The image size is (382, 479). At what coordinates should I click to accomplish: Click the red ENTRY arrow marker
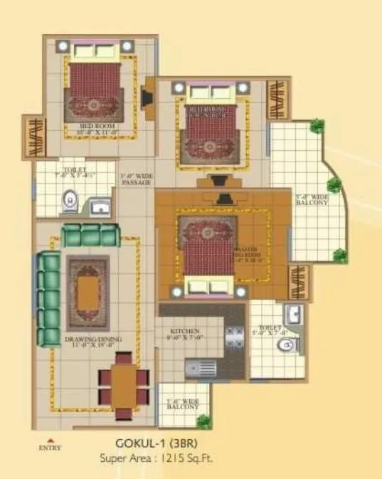pyautogui.click(x=51, y=439)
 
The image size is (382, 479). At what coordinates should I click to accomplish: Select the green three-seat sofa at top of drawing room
pyautogui.click(x=89, y=236)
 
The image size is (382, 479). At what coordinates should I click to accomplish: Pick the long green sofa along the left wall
pyautogui.click(x=48, y=298)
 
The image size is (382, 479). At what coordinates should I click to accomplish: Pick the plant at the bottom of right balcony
pyautogui.click(x=341, y=254)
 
